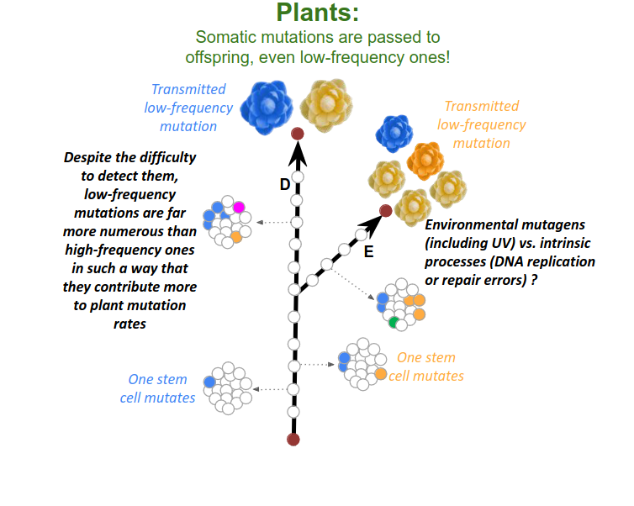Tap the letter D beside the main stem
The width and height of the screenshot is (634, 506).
285,184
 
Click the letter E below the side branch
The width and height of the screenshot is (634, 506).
368,250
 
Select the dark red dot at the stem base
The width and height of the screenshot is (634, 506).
293,439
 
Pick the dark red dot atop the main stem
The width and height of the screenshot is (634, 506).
297,134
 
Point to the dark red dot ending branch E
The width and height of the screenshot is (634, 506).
385,211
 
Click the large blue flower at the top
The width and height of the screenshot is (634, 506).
266,105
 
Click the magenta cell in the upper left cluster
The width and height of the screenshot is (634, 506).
239,207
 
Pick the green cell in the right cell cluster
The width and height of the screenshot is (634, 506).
394,321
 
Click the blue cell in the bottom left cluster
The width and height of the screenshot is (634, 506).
209,382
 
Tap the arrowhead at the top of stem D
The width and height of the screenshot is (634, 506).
297,154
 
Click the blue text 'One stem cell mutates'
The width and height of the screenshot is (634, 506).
161,388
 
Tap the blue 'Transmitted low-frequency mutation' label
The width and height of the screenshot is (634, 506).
188,108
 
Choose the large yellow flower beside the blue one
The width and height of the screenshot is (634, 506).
325,104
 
